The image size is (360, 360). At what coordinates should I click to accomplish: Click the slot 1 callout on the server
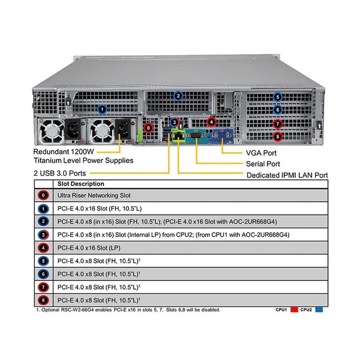[x=103, y=108]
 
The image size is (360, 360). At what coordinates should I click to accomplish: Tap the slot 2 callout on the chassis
[x=178, y=96]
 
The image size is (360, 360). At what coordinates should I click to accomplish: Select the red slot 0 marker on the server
[x=148, y=127]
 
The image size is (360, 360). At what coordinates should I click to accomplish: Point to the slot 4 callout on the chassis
[x=211, y=122]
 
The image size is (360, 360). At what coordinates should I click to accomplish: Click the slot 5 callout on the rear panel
[x=277, y=96]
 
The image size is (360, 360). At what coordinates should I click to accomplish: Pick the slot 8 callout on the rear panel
[x=277, y=136]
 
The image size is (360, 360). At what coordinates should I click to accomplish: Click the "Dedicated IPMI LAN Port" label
[x=287, y=175]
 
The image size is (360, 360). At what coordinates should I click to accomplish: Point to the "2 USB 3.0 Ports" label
[x=60, y=173]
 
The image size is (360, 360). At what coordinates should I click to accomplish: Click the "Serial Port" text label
[x=263, y=164]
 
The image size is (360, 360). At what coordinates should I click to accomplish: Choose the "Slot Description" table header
[x=81, y=184]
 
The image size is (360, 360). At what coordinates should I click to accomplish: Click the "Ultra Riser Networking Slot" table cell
[x=94, y=195]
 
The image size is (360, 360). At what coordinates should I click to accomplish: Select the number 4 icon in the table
[x=43, y=248]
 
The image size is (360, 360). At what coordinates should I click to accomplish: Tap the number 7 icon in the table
[x=43, y=287]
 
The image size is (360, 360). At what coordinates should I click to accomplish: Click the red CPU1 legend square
[x=294, y=310]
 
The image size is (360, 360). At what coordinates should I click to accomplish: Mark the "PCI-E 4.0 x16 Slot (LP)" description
[x=94, y=248]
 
